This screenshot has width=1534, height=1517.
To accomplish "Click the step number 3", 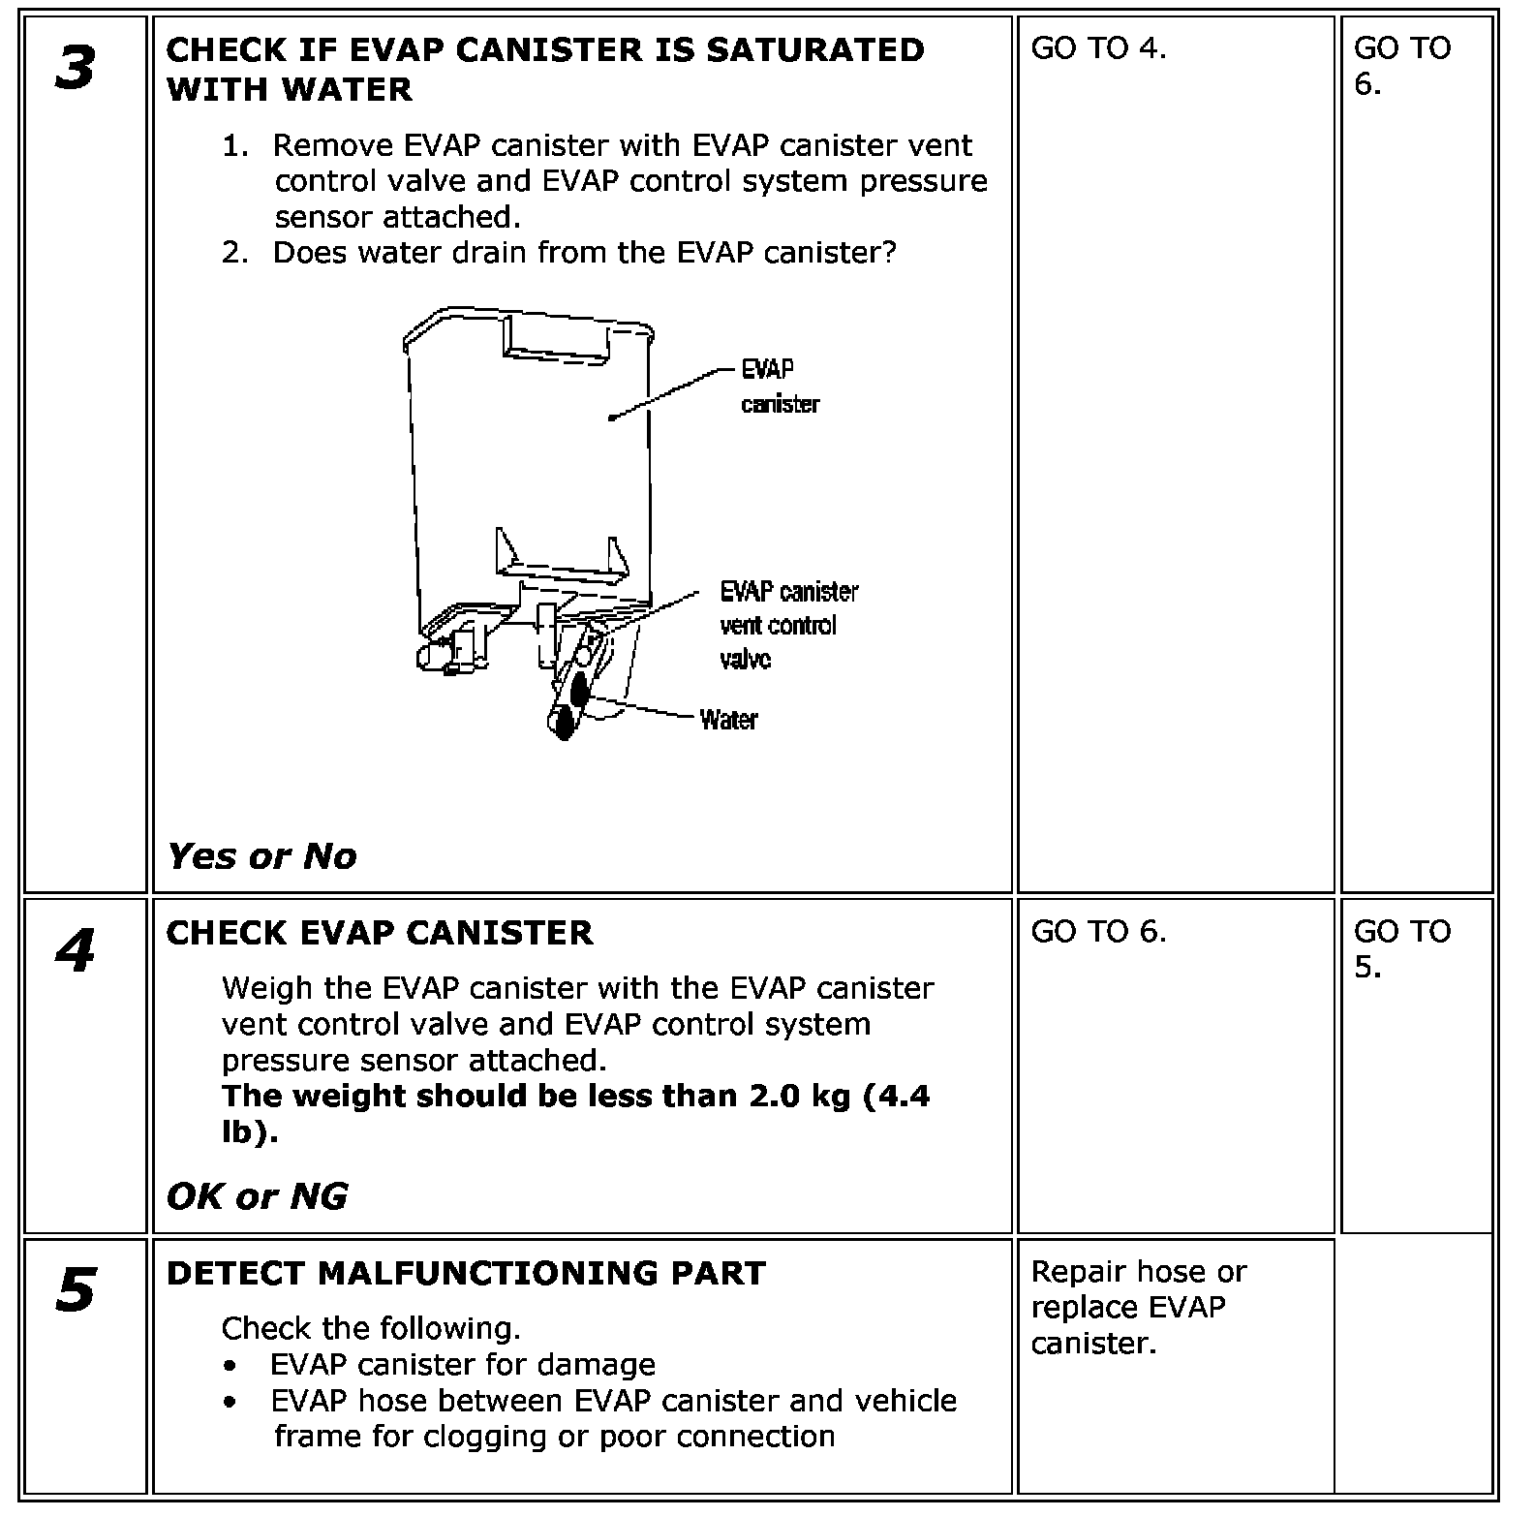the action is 76,69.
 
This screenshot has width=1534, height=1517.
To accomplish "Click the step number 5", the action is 76,1291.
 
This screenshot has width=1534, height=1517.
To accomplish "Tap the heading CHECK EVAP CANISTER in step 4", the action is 380,932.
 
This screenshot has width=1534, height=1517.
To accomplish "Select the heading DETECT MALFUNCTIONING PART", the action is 466,1272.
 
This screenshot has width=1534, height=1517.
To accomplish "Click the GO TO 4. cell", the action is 1098,48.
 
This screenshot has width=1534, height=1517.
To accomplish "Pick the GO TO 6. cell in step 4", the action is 1098,931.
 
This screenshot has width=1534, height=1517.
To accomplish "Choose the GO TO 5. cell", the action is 1402,948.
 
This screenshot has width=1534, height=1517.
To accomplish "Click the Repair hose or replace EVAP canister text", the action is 1139,1307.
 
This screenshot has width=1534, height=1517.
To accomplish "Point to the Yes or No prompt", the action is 261,856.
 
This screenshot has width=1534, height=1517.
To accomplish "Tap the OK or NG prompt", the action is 257,1196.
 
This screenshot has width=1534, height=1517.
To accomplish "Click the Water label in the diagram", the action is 728,720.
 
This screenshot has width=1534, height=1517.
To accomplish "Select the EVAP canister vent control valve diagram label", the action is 788,625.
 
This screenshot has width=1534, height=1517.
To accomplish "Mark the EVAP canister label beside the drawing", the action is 780,387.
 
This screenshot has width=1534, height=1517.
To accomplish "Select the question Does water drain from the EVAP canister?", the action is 584,252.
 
